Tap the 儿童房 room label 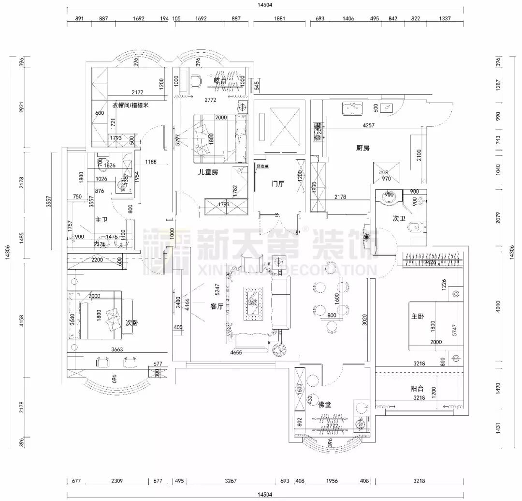pos(207,171)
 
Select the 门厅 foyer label pos(278,183)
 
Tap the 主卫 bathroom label pos(101,220)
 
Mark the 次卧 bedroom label pos(132,323)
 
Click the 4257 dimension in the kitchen pos(369,125)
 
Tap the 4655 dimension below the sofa pos(236,353)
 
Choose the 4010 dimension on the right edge pos(506,306)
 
